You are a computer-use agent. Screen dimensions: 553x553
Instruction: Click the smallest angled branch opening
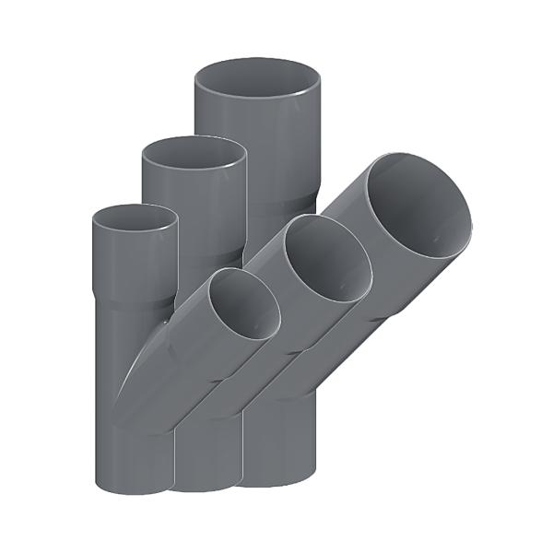(242, 305)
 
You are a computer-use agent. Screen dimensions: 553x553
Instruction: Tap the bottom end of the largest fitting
(276, 481)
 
